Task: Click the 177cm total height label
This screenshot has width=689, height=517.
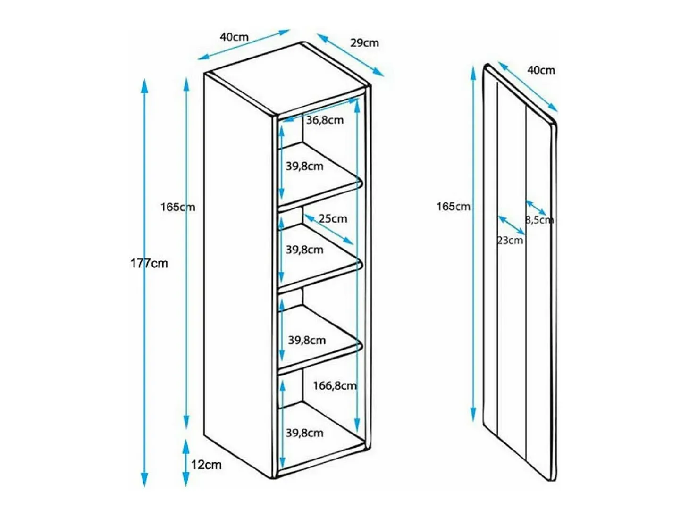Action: coord(149,263)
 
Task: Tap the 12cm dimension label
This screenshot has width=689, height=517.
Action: coord(206,465)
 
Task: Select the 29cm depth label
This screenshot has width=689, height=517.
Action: coord(364,42)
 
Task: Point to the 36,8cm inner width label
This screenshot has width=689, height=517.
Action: coord(325,120)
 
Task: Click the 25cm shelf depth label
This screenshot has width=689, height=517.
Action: coord(333,218)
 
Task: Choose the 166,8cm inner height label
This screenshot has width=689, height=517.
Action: coord(335,385)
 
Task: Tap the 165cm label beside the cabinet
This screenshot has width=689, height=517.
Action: coord(177,207)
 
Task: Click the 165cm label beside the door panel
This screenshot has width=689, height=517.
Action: coord(453,207)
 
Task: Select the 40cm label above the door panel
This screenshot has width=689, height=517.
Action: coord(541,70)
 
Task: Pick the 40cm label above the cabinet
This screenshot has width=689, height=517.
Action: coord(234,37)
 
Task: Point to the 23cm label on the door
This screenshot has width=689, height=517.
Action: coord(510,240)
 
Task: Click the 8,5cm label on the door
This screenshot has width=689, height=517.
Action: coord(539,220)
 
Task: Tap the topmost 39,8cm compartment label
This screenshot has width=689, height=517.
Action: coord(304,166)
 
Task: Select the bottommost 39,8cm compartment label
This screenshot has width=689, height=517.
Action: coord(304,433)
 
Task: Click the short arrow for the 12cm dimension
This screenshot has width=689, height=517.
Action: coord(186,463)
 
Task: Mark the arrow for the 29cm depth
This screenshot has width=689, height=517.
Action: coord(350,55)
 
